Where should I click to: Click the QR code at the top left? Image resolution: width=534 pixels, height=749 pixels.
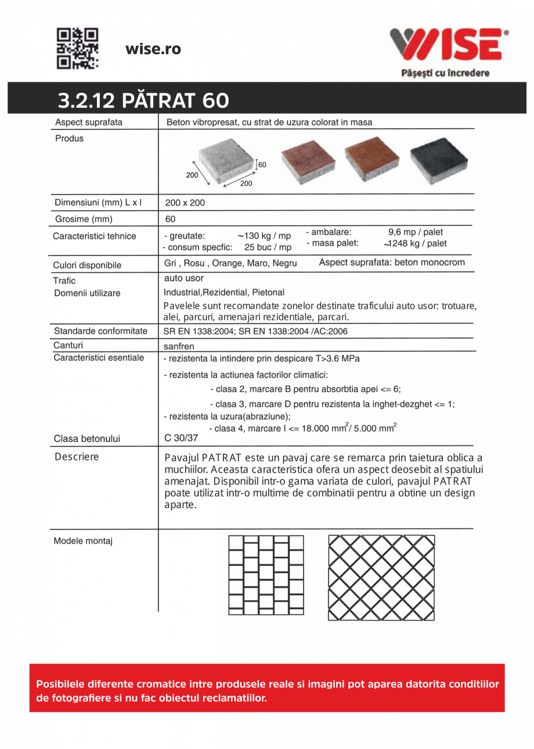coord(77,48)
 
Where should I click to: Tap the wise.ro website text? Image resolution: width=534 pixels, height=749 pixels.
coord(153,49)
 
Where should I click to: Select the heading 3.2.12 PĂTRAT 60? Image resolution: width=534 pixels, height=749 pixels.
coord(143,101)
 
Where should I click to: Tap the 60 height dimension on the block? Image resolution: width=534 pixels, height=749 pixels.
coord(262,164)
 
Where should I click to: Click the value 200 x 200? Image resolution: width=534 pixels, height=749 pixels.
coord(185,203)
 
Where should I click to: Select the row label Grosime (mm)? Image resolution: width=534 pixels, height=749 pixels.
coord(84,219)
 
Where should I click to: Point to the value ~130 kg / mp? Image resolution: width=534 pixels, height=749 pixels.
coord(264,236)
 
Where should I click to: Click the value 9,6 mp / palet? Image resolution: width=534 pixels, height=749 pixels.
coord(416,232)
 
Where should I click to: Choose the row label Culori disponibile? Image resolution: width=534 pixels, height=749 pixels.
coord(87,265)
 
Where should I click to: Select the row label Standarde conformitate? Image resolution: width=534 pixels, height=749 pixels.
coord(100,331)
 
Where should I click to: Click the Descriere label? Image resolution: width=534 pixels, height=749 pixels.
coord(77,457)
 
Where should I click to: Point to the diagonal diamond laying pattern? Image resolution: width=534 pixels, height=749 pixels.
coord(381,577)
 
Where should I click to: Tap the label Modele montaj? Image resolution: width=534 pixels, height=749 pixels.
coord(83,541)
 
